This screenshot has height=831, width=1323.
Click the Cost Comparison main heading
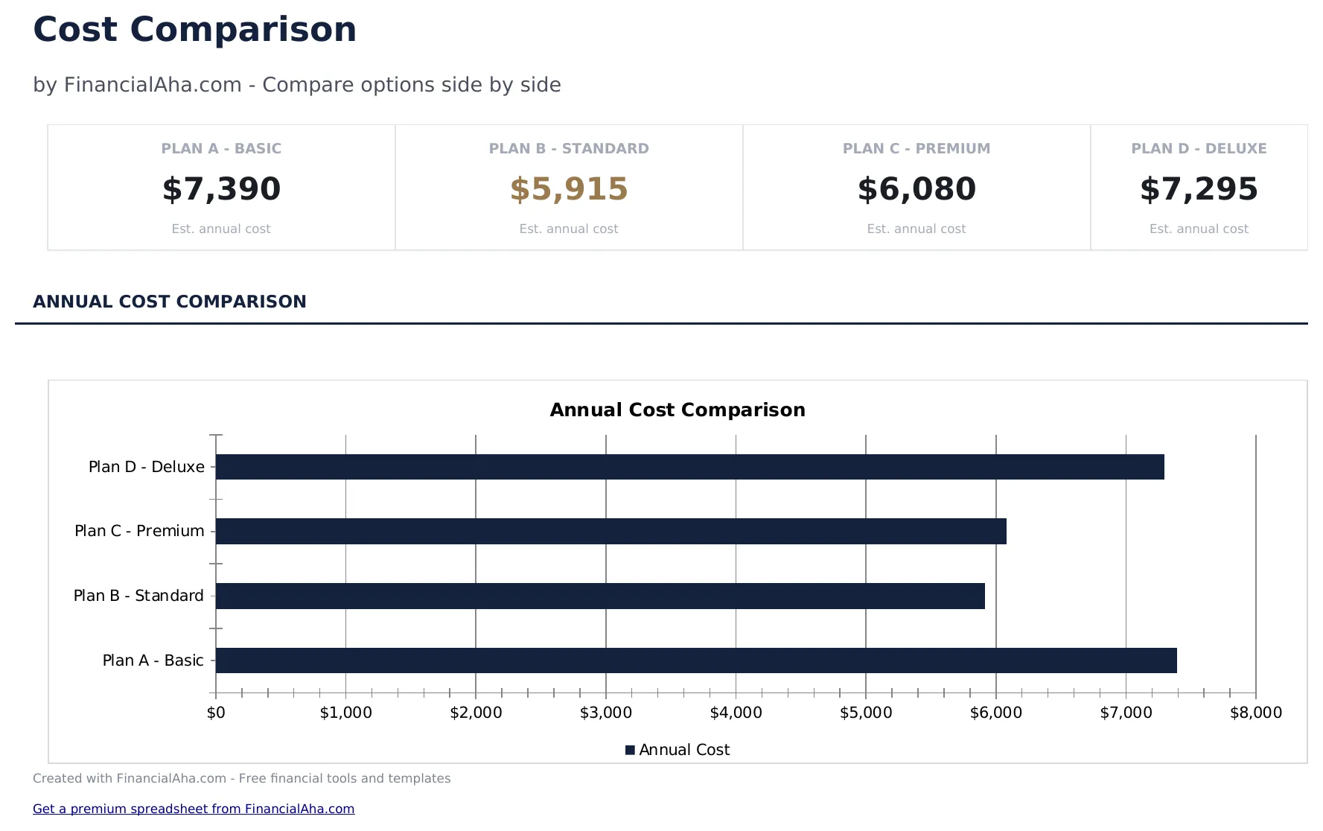[x=194, y=31]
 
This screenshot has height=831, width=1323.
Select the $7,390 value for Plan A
[x=221, y=189]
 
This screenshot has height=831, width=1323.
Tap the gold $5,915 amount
[x=569, y=189]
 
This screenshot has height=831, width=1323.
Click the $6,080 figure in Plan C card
[x=916, y=189]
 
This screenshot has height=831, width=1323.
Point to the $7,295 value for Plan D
[x=1199, y=189]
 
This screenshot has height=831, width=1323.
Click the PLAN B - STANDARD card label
[x=569, y=148]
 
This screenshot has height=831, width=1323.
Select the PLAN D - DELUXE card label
[x=1199, y=148]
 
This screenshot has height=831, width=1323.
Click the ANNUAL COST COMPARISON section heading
[x=170, y=302]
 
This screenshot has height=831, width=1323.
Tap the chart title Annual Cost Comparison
[x=677, y=410]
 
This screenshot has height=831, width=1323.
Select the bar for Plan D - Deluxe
[x=689, y=467]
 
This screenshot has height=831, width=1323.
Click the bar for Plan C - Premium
[x=611, y=531]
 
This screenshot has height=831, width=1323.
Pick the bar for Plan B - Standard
[x=600, y=596]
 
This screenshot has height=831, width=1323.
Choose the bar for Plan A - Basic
[x=696, y=660]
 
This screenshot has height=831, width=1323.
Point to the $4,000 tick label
[x=736, y=713]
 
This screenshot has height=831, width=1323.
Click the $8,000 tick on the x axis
[x=1255, y=713]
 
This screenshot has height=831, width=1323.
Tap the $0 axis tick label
[x=216, y=713]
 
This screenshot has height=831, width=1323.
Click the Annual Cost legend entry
[x=678, y=750]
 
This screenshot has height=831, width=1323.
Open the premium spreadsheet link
[x=194, y=809]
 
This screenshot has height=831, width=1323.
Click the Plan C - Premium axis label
[x=139, y=531]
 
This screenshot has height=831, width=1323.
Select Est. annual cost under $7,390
[x=221, y=229]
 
